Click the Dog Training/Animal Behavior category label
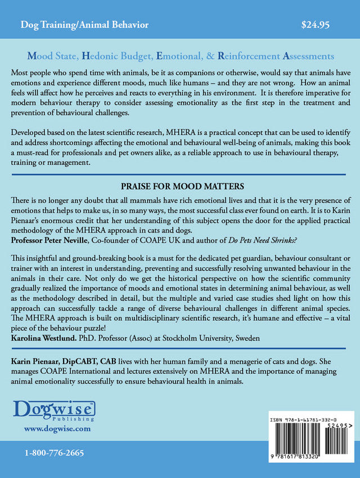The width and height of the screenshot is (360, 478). (x=84, y=25)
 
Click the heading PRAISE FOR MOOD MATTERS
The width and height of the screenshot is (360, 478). (x=179, y=185)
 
